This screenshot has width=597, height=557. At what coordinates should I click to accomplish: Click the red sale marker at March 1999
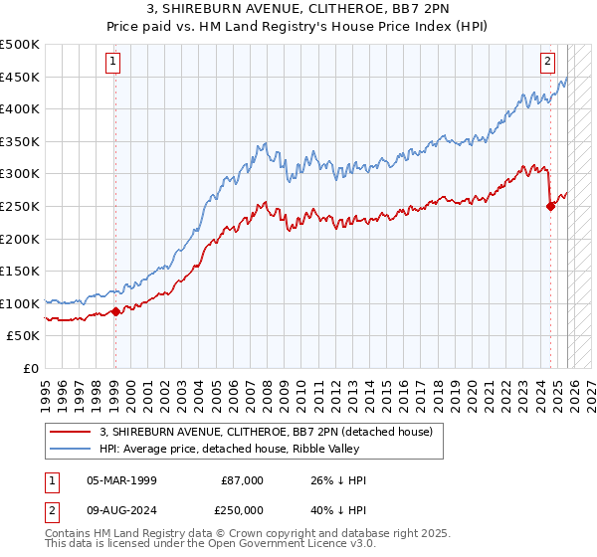pyautogui.click(x=115, y=311)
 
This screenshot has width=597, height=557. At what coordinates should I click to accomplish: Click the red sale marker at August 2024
pyautogui.click(x=550, y=206)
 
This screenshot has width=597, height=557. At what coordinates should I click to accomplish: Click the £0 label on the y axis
pyautogui.click(x=30, y=368)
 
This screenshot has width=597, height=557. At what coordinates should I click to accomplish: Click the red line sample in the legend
pyautogui.click(x=72, y=432)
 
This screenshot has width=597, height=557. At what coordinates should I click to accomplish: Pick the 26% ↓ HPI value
pyautogui.click(x=338, y=480)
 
